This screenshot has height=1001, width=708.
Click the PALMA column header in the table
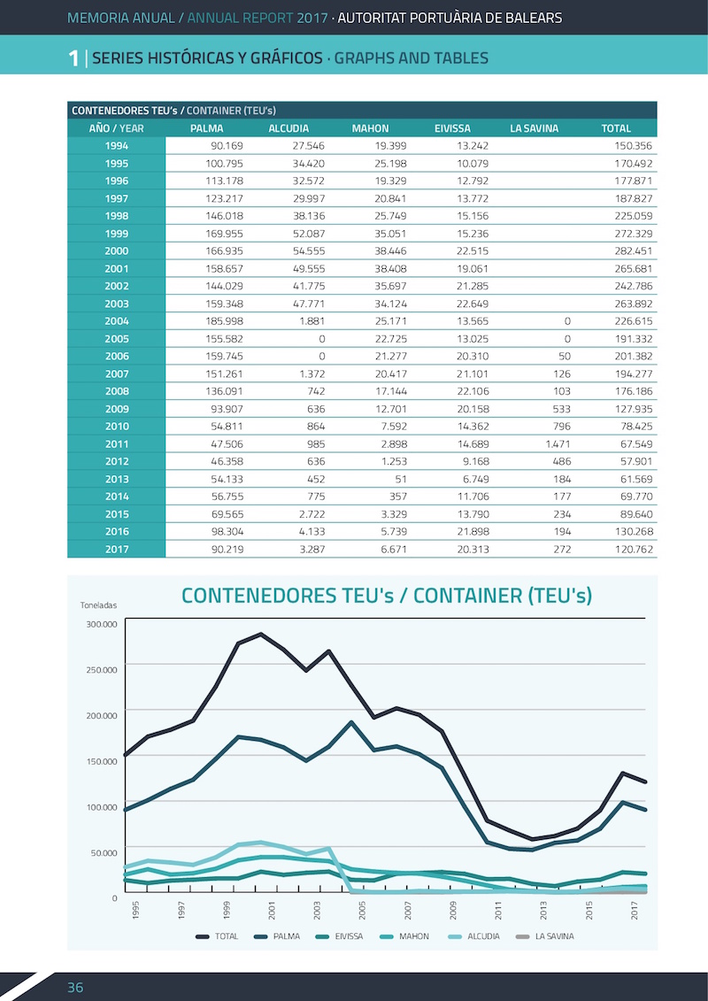pyautogui.click(x=207, y=128)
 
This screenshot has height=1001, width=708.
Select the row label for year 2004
pyautogui.click(x=116, y=321)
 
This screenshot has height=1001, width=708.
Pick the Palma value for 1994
pyautogui.click(x=227, y=145)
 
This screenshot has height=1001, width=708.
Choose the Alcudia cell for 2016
pyautogui.click(x=312, y=531)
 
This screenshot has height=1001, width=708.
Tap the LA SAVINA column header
pyautogui.click(x=534, y=128)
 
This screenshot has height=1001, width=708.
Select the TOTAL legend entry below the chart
pyautogui.click(x=217, y=936)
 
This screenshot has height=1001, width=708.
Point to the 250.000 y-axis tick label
pyautogui.click(x=102, y=669)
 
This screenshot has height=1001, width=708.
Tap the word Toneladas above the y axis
pyautogui.click(x=98, y=605)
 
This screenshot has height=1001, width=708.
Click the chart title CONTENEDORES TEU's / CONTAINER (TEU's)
pyautogui.click(x=387, y=596)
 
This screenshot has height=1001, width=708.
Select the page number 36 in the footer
pyautogui.click(x=75, y=988)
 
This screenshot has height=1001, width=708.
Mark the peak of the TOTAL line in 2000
pyautogui.click(x=260, y=634)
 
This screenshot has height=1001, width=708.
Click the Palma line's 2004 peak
pyautogui.click(x=351, y=723)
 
